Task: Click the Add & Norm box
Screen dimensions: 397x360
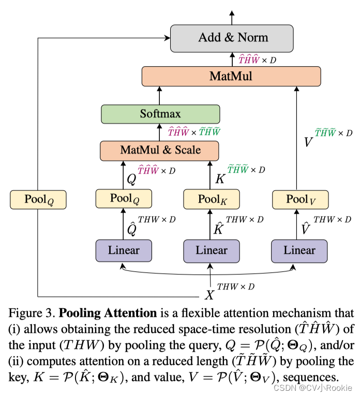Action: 232,37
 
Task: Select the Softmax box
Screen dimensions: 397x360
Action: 160,114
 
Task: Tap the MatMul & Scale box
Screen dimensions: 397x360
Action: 160,150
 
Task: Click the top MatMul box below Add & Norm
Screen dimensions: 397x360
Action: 231,77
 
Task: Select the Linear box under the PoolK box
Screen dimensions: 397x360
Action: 212,251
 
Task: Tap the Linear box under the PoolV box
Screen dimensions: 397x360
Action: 299,251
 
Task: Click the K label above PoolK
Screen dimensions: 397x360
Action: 220,178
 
